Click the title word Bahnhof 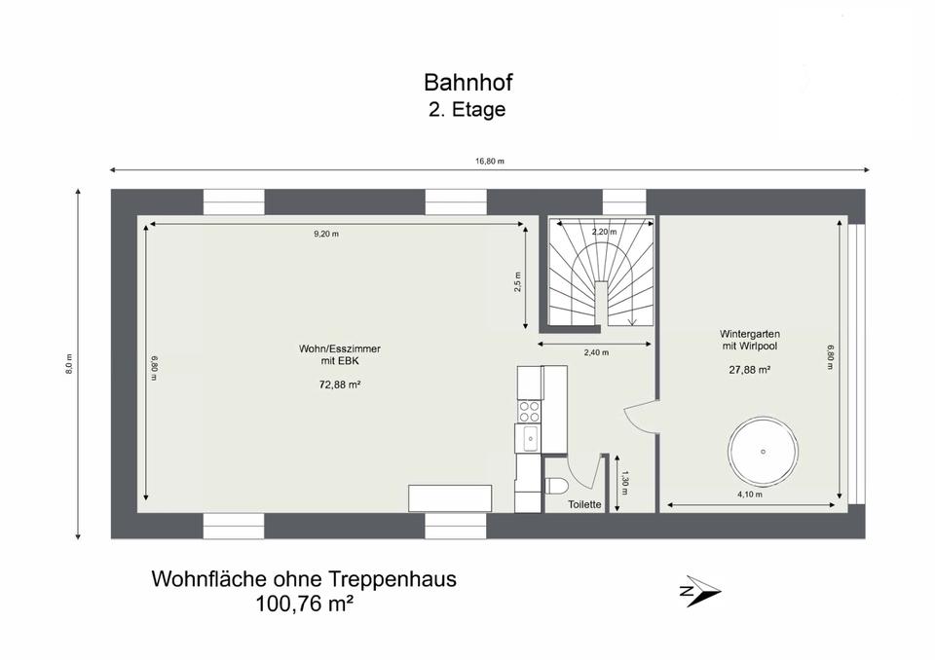(468, 83)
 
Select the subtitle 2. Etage (467, 110)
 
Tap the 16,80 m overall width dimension (490, 161)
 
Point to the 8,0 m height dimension (69, 364)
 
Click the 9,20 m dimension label (326, 234)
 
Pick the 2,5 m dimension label (517, 282)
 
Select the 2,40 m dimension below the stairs (596, 352)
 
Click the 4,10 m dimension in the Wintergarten (750, 495)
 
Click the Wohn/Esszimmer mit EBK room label (340, 354)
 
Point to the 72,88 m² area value (340, 385)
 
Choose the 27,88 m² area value (750, 370)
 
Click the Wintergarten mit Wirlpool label (750, 340)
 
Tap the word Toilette (584, 504)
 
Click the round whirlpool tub (763, 452)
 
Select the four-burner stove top (529, 412)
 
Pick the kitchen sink (529, 439)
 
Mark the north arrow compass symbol (700, 591)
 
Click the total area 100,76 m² (304, 604)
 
